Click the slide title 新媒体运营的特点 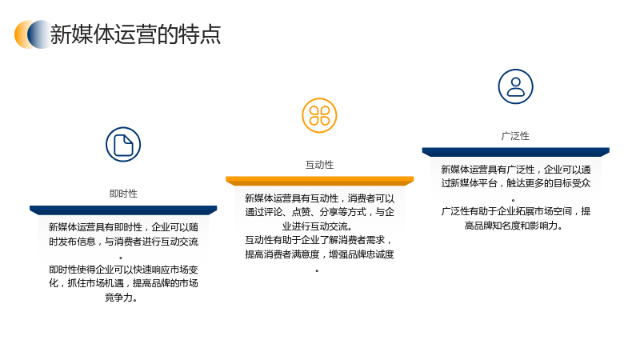[135, 34]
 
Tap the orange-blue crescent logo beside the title [33, 34]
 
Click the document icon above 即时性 [123, 145]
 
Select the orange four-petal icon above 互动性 [319, 115]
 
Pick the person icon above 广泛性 [515, 86]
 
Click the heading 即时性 [123, 194]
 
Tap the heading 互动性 [319, 165]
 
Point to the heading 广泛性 [515, 136]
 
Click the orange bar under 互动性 [319, 181]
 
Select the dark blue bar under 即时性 [123, 210]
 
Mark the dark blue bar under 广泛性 [515, 152]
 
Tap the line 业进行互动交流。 [317, 226]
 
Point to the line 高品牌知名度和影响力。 [514, 226]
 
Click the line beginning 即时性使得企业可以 [123, 270]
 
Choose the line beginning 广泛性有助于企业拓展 [515, 211]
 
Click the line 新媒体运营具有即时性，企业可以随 [123, 227]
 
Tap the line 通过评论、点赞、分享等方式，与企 [319, 212]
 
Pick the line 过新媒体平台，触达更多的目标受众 [515, 183]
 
